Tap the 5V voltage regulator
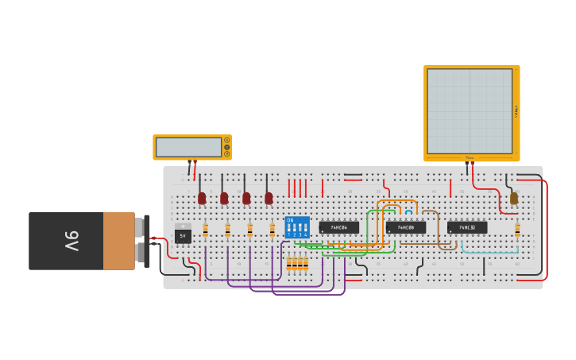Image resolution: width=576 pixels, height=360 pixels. (183, 235)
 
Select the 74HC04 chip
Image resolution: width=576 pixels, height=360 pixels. (338, 227)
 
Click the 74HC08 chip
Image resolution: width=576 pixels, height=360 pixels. (405, 227)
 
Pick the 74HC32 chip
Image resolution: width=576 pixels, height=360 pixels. (466, 227)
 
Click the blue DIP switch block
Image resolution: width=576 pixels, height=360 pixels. (297, 227)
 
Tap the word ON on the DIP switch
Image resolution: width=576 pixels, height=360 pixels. (290, 219)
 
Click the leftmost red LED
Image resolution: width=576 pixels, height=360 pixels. (202, 197)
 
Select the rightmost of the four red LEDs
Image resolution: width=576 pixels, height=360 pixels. (269, 197)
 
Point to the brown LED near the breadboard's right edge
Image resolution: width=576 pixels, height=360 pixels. (514, 198)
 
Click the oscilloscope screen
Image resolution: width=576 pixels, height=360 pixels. (470, 111)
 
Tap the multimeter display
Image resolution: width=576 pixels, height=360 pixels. (188, 147)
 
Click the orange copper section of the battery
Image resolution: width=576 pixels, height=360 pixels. (119, 240)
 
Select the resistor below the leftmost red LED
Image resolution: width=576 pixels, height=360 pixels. (205, 230)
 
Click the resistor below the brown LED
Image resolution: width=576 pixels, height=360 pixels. (517, 230)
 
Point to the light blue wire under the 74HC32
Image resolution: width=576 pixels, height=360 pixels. (485, 253)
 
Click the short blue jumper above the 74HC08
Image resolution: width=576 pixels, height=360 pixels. (408, 211)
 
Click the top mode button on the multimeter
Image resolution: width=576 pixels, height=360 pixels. (226, 141)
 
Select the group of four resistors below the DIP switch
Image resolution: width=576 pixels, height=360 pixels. (297, 264)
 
